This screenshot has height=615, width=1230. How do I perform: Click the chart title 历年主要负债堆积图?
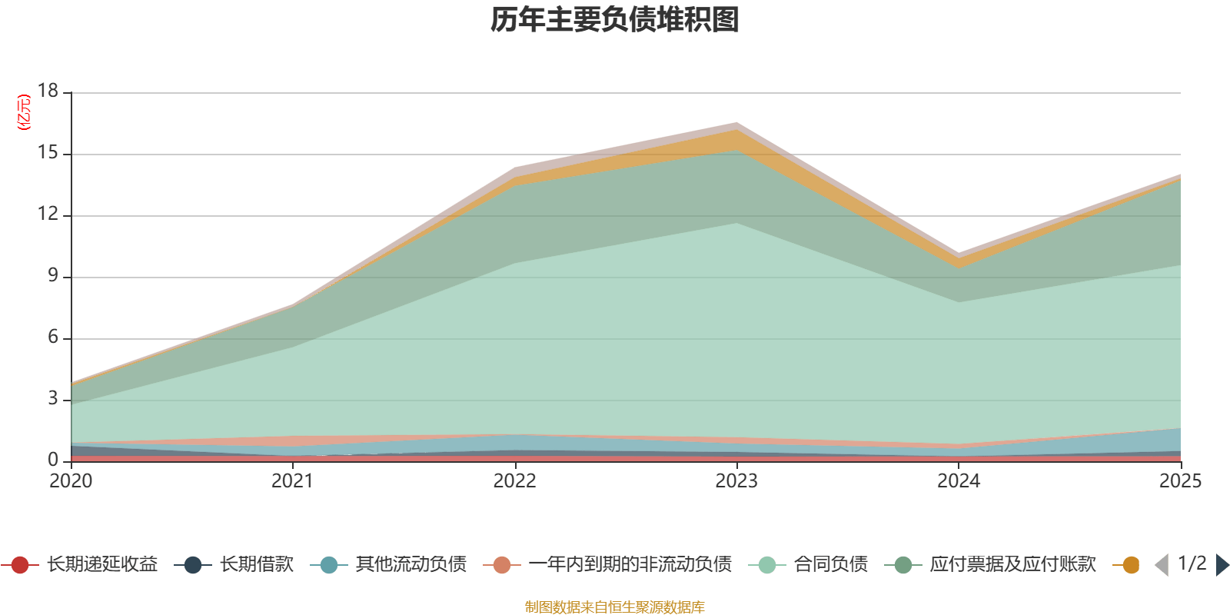(x=615, y=20)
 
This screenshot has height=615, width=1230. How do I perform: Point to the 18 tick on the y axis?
(x=48, y=91)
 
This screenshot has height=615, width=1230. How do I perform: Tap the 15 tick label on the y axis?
(x=48, y=153)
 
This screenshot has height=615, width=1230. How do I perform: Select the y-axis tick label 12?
(x=48, y=214)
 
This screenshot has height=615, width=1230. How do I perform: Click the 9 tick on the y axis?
(x=52, y=275)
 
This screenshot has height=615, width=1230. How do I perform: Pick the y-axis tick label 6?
(x=52, y=337)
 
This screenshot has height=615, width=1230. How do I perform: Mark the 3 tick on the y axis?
(x=52, y=398)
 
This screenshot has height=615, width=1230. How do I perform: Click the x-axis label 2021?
(x=292, y=481)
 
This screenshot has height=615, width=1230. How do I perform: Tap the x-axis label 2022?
(x=514, y=481)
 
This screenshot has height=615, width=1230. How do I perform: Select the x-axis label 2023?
(x=736, y=481)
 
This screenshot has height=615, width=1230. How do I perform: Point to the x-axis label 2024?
(x=958, y=481)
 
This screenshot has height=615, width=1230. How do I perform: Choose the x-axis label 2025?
(x=1179, y=481)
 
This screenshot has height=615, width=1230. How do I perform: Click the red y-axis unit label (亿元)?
(x=24, y=112)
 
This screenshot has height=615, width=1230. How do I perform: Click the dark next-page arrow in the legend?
(x=1222, y=565)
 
